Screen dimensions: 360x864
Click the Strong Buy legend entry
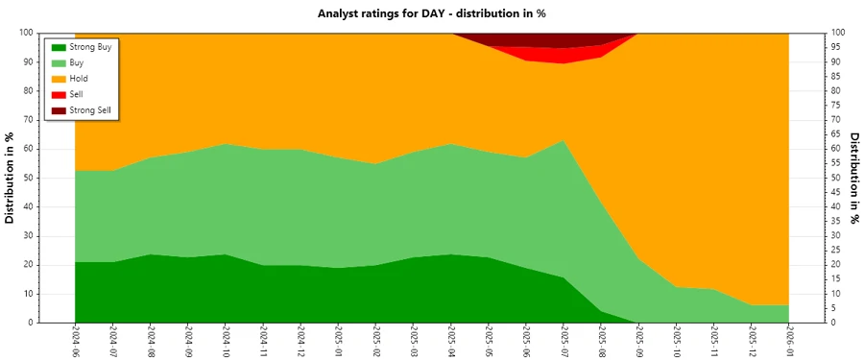(90, 46)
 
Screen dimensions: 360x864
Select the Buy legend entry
(77, 62)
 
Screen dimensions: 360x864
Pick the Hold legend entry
(79, 78)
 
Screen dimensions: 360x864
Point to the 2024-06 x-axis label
(75, 340)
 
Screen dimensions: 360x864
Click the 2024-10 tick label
(226, 340)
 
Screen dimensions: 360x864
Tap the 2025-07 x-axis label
(564, 340)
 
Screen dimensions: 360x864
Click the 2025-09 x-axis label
(638, 340)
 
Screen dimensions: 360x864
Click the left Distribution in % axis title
(11, 178)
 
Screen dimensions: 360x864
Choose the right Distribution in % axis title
(853, 178)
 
